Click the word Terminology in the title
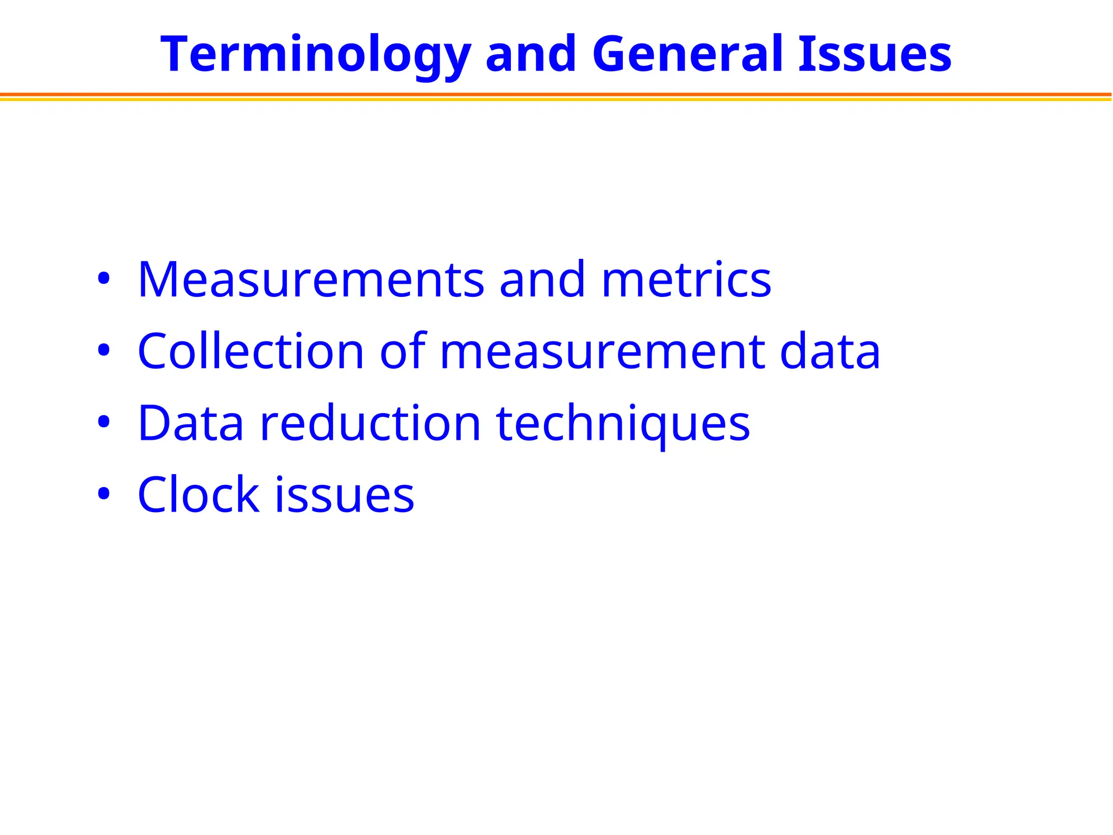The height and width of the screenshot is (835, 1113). (315, 54)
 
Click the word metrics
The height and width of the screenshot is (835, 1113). (686, 279)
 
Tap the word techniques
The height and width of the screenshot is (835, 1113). (623, 424)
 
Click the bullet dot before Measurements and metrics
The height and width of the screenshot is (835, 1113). (103, 279)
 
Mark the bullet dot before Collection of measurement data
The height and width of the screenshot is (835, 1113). (103, 351)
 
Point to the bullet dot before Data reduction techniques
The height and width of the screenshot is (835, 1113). (103, 422)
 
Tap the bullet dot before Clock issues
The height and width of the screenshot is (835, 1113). (103, 494)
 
